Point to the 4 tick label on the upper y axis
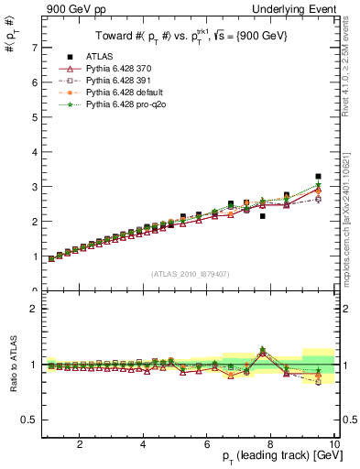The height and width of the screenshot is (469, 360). point(34,152)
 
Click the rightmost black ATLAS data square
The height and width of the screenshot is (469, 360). point(318,176)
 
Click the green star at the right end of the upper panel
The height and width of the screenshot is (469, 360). point(318,185)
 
